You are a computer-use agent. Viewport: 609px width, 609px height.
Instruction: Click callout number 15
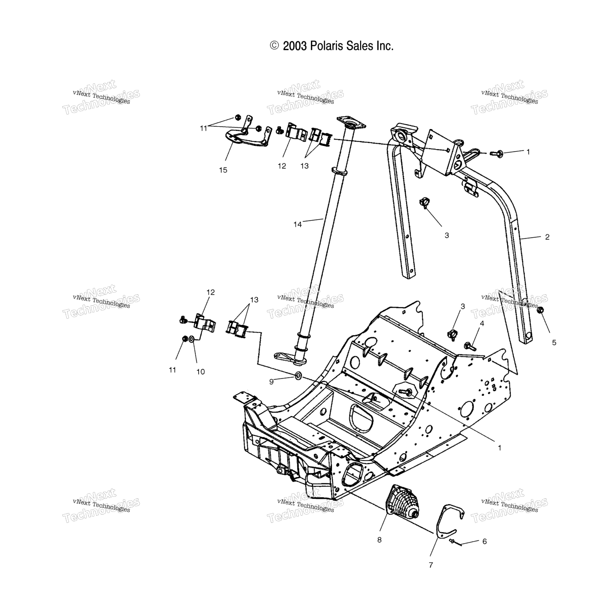click(x=223, y=170)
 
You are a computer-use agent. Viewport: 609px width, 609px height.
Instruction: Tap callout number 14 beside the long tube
click(x=297, y=224)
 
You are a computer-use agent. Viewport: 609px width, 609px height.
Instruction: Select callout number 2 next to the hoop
click(x=547, y=237)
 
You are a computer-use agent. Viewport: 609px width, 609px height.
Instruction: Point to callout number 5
click(x=554, y=343)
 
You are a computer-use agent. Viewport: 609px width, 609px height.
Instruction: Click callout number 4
click(x=482, y=324)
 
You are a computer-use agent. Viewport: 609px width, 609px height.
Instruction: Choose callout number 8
click(x=379, y=540)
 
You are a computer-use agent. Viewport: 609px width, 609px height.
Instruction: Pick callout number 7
click(x=431, y=565)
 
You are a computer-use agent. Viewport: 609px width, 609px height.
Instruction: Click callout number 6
click(x=484, y=541)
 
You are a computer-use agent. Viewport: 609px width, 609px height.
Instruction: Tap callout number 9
click(x=272, y=381)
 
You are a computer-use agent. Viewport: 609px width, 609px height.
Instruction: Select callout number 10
click(x=201, y=372)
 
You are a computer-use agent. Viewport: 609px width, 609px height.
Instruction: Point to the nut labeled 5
click(x=540, y=310)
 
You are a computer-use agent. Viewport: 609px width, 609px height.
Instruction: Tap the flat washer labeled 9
click(x=298, y=375)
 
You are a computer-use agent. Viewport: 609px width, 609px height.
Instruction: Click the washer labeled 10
click(x=192, y=339)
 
